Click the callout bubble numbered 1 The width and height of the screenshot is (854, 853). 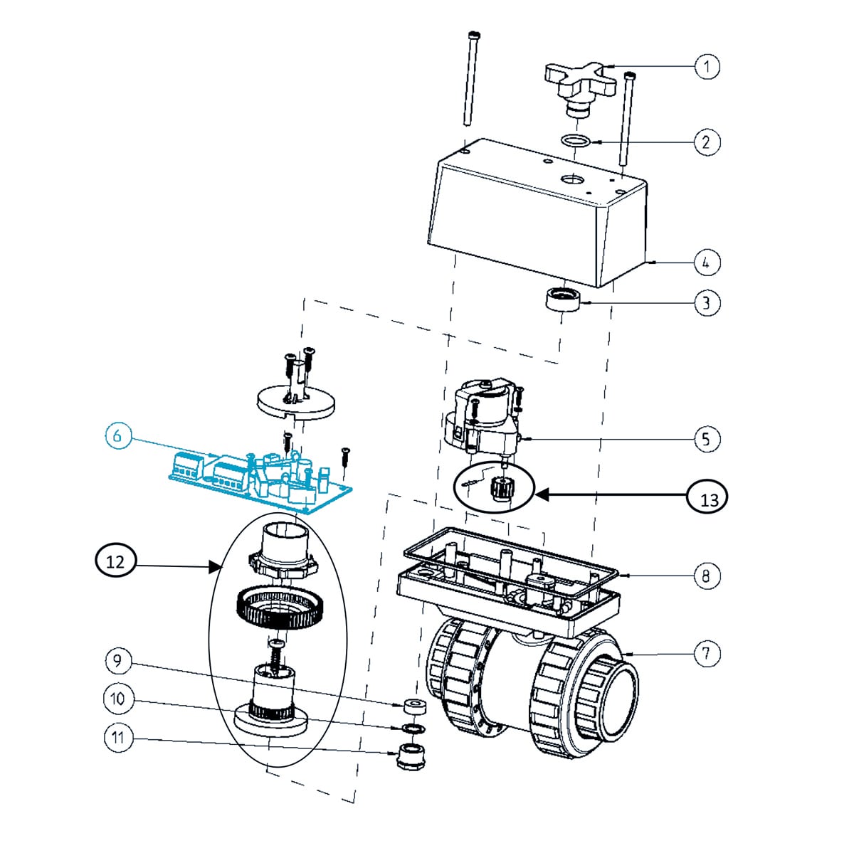coord(707,67)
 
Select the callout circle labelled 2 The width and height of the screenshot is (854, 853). coord(706,142)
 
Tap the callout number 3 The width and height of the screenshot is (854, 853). coord(706,303)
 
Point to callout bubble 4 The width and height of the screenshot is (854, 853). coord(706,263)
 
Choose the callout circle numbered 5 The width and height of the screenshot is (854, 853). coord(706,438)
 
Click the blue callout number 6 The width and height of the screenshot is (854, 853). coord(118,435)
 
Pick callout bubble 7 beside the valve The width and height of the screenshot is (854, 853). coord(706,653)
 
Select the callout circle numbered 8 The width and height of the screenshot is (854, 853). coord(706,575)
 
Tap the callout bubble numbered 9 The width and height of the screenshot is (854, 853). coord(118,662)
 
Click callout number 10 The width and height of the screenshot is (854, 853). coord(118,699)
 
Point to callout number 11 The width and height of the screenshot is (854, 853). coord(118,738)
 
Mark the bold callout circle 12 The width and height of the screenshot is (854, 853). coord(115,562)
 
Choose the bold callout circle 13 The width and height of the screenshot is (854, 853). coord(709,499)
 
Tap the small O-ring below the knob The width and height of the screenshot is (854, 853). coord(576,140)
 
